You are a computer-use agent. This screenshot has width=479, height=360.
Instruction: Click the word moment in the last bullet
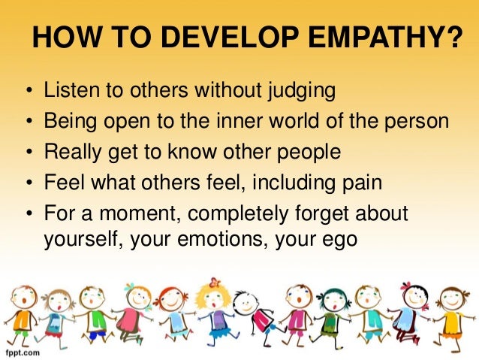pos(140,213)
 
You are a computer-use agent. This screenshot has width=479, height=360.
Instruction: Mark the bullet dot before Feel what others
pos(29,183)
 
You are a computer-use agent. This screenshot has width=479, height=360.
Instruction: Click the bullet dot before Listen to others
pos(29,92)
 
